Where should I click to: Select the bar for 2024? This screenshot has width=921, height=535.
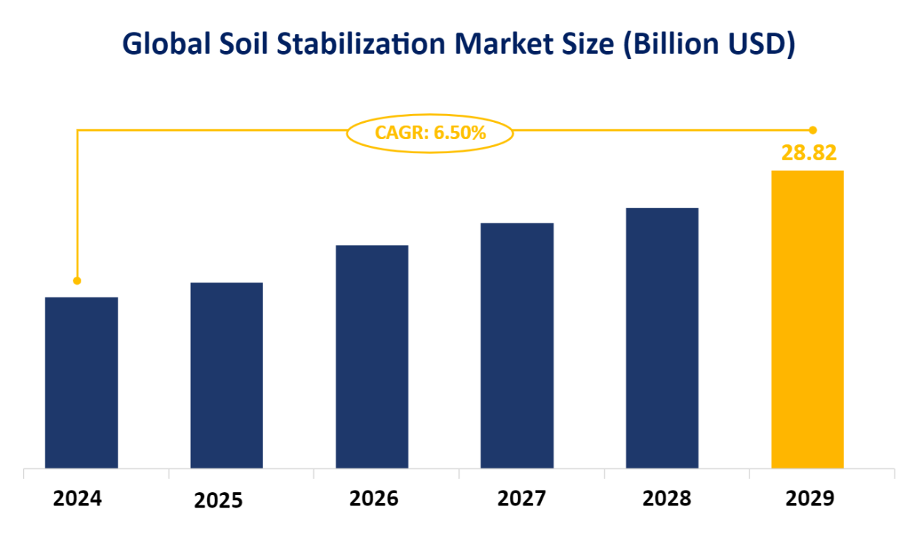81,383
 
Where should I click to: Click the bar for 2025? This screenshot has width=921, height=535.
226,375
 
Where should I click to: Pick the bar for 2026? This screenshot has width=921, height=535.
372,357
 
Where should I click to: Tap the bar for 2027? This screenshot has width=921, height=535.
517,346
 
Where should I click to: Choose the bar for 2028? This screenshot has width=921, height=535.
662,338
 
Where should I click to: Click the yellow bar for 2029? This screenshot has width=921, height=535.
807,320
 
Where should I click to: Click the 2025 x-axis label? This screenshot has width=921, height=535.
218,501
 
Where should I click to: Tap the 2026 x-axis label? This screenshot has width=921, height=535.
374,499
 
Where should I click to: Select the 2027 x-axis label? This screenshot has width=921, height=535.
522,499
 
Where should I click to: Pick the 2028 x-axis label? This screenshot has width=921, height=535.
667,499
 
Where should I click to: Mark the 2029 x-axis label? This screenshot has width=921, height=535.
810,499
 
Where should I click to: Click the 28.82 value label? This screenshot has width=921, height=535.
809,153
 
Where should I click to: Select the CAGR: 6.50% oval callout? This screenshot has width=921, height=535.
430,133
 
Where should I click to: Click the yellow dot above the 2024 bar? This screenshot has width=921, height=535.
77,280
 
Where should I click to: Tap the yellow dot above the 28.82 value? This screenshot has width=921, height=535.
813,129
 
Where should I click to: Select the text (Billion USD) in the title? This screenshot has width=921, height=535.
709,44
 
